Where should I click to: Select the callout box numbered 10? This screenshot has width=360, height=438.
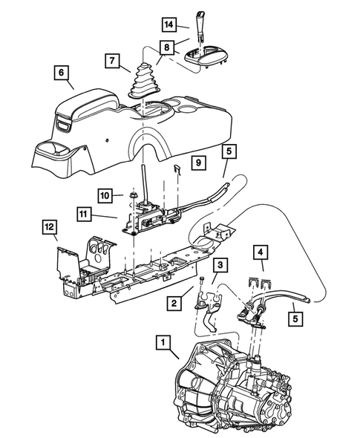[x=106, y=195]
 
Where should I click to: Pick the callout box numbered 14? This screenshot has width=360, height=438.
[x=170, y=24]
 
